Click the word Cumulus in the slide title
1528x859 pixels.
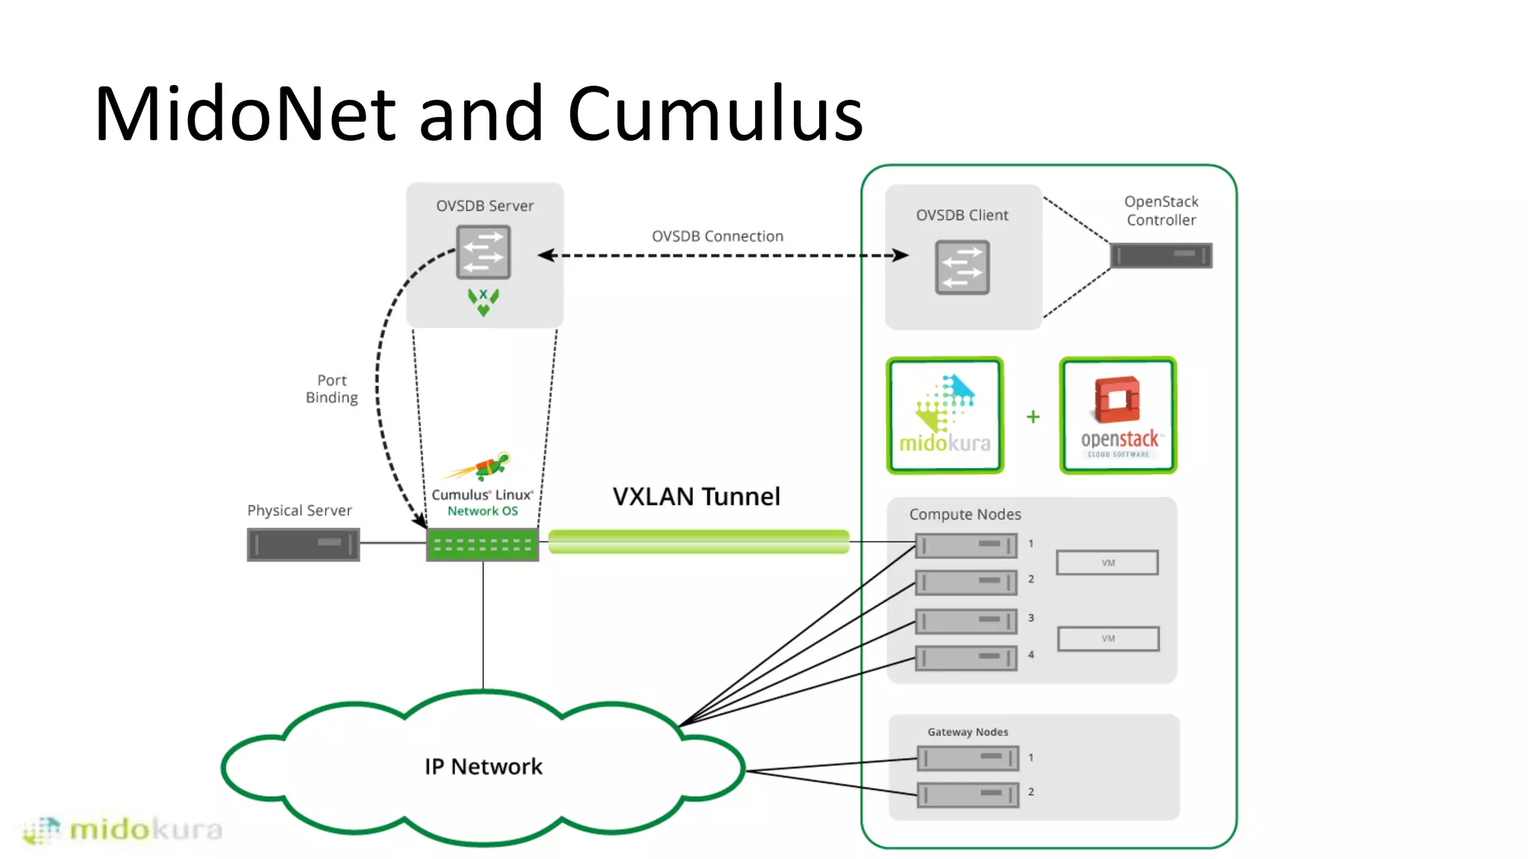[x=715, y=114]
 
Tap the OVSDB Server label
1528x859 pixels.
[x=484, y=206]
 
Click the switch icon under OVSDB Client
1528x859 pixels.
[x=962, y=268]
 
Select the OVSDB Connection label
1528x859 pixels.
[x=717, y=236]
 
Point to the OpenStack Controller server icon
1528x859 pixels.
[x=1161, y=255]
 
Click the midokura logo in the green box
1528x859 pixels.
[x=945, y=415]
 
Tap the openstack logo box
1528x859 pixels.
[x=1118, y=415]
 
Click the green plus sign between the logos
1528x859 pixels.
[x=1033, y=417]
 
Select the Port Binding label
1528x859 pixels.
[x=332, y=388]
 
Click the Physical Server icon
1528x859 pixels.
[x=303, y=544]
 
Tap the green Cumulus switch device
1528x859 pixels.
[x=482, y=544]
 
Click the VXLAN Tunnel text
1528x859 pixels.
[x=696, y=497]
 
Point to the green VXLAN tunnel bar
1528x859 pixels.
[x=698, y=541]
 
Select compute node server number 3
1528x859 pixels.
[x=965, y=620]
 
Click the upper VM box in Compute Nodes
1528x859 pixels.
[x=1107, y=562]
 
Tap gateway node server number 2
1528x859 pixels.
[x=967, y=794]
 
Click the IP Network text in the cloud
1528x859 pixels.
[x=483, y=767]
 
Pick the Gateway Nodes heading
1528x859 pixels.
[x=968, y=732]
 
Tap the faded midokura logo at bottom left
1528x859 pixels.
[x=123, y=829]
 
